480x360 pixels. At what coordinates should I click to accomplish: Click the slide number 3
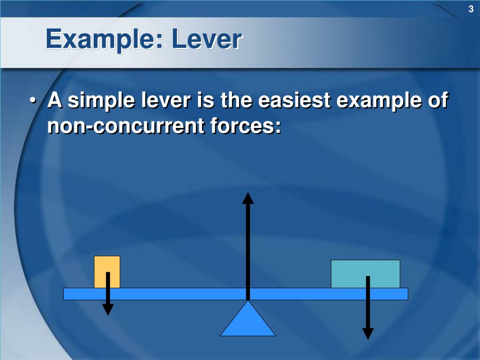click(471, 8)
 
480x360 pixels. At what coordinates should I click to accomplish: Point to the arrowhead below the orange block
click(108, 309)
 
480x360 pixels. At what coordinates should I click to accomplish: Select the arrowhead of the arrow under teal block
click(368, 333)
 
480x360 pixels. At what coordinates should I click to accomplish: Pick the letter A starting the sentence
click(55, 101)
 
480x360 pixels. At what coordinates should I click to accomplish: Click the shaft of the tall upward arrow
click(248, 248)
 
